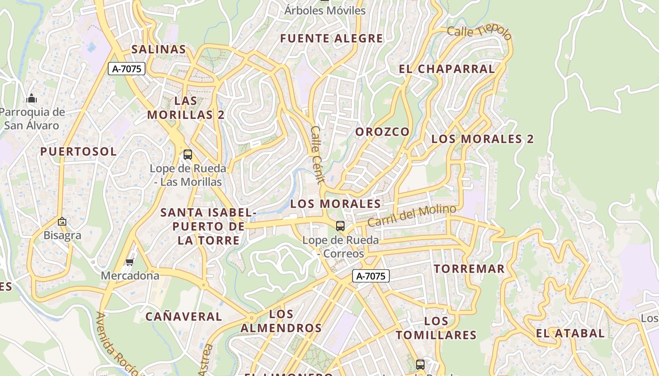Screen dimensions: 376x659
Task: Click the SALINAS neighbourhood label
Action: [x=159, y=49]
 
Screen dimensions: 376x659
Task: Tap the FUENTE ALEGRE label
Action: [x=332, y=39]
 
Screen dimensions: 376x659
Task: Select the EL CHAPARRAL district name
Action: [x=447, y=69]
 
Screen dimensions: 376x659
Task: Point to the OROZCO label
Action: [x=382, y=132]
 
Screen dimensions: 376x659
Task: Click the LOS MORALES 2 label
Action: [x=482, y=139]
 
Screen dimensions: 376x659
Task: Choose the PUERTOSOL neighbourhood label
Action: [x=78, y=151]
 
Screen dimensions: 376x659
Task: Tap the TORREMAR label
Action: [x=469, y=269]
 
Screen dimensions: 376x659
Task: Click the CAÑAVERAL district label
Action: [x=184, y=317]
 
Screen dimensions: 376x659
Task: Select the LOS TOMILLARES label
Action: [x=436, y=328]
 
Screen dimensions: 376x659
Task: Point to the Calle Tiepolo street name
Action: [x=479, y=32]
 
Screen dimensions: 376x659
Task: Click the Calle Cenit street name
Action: [x=317, y=155]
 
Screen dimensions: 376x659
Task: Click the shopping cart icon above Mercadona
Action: [x=130, y=262]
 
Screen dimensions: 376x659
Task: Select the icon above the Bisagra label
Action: [x=62, y=221]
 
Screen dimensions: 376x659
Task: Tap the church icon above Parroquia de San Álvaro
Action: [x=32, y=98]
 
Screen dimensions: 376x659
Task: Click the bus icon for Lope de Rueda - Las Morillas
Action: [x=188, y=154]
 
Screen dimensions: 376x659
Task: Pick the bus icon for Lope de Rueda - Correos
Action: [x=340, y=226]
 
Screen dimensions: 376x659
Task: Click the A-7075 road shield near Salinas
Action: [x=127, y=69]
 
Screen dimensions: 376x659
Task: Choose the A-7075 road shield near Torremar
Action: [x=371, y=276]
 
